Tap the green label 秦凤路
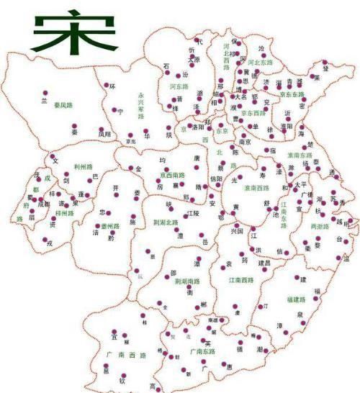63,104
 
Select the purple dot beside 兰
45,93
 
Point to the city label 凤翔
104,135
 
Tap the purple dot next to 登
325,63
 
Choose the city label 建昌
264,263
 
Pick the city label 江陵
192,214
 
